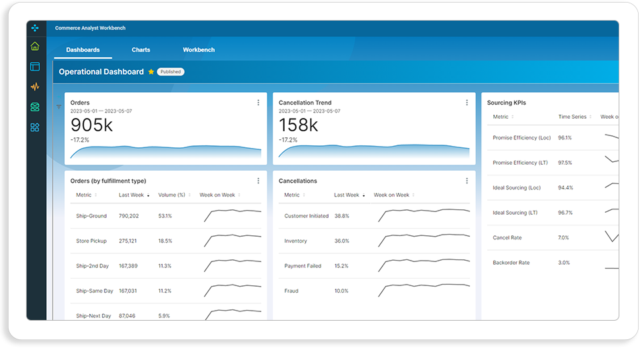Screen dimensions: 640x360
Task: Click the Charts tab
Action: click(141, 50)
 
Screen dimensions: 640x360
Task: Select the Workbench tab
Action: click(199, 50)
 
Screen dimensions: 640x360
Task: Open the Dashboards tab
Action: click(83, 50)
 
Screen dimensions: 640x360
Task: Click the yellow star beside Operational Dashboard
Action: click(151, 72)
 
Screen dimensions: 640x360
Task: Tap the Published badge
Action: click(171, 72)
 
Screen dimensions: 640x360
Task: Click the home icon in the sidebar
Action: click(35, 46)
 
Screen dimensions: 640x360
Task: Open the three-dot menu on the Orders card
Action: click(259, 103)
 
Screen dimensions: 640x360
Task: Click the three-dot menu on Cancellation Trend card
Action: click(467, 103)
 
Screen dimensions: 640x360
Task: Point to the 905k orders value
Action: click(91, 125)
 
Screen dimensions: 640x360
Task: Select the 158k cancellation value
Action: click(299, 125)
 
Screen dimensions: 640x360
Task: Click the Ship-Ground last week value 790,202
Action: click(129, 216)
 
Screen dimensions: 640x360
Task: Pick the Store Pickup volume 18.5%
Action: click(165, 241)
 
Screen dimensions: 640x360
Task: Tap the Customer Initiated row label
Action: click(307, 216)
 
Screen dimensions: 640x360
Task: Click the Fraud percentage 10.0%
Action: click(341, 291)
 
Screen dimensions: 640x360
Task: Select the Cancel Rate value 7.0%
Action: click(564, 237)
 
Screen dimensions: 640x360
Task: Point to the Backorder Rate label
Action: click(511, 263)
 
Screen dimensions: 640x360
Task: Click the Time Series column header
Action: click(572, 117)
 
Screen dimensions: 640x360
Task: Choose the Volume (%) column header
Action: click(172, 195)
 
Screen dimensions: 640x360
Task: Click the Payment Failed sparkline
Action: click(424, 265)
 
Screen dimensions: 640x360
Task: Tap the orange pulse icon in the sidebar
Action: click(35, 87)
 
